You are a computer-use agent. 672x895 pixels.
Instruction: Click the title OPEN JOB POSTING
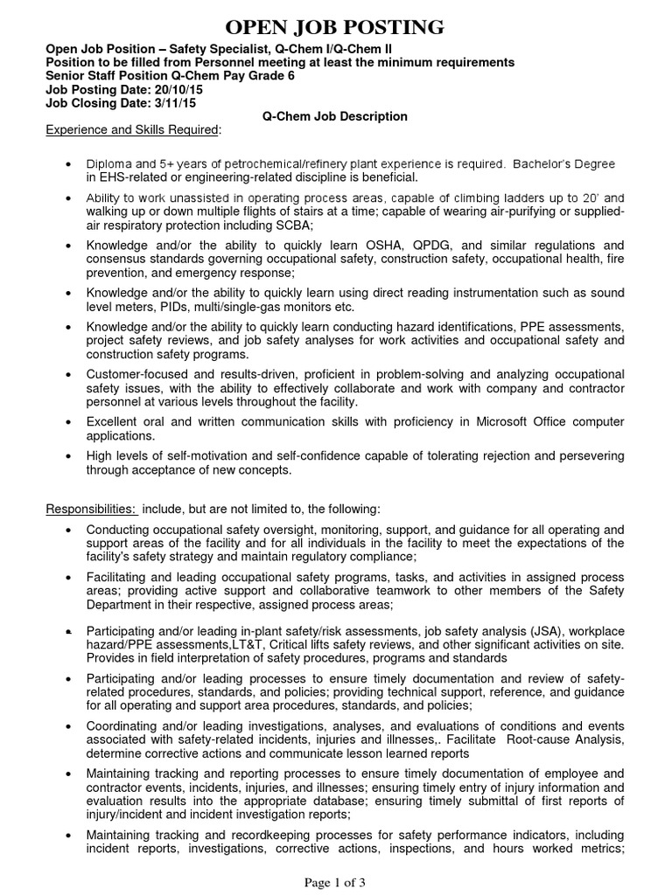(x=336, y=26)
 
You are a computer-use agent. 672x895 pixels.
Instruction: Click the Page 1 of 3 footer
(x=335, y=882)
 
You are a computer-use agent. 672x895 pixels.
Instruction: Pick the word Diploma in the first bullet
(x=109, y=164)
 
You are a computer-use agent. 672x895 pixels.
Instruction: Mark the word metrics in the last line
(x=599, y=849)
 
